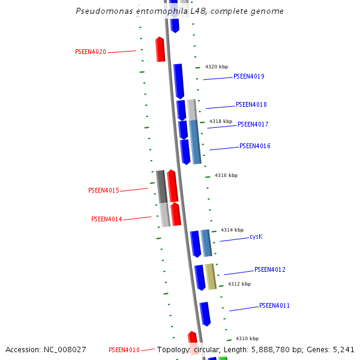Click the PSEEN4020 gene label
90,52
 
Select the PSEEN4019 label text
248,77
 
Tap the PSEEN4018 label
251,105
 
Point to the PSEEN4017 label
253,125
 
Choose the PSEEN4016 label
254,146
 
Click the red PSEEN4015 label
103,191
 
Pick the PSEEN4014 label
106,220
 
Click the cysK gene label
256,237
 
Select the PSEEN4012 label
269,270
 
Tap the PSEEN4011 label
274,306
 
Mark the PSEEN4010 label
124,350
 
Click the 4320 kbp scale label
217,67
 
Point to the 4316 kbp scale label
226,176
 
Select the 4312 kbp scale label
239,284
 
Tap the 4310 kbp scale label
247,338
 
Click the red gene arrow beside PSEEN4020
160,49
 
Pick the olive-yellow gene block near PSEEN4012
211,276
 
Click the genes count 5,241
343,350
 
